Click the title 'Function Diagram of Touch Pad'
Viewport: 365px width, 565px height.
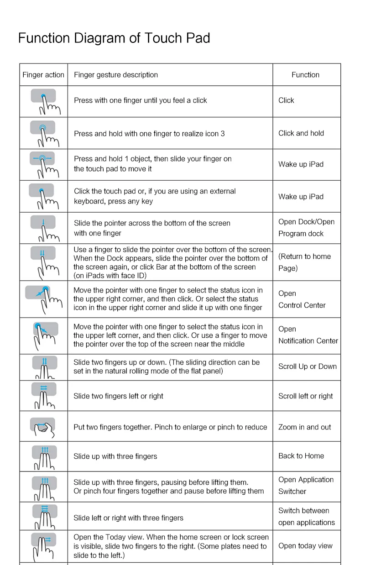click(x=114, y=38)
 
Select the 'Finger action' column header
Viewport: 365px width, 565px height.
click(x=43, y=75)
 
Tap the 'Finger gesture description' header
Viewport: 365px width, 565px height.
click(x=116, y=75)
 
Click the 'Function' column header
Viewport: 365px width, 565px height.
click(x=305, y=75)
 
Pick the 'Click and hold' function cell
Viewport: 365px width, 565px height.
click(x=301, y=133)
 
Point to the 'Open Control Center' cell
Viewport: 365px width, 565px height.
click(x=302, y=299)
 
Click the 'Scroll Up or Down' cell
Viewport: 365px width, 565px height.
click(x=308, y=366)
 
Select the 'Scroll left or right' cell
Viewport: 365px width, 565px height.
click(x=306, y=396)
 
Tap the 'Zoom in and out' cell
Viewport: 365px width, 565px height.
click(x=305, y=427)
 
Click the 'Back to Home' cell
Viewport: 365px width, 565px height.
click(x=301, y=456)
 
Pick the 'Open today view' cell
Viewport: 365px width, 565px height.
click(x=305, y=546)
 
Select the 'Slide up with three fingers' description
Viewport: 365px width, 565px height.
click(x=115, y=456)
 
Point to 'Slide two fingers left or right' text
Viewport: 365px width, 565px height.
click(x=118, y=396)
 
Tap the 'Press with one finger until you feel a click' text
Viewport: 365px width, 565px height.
click(x=141, y=100)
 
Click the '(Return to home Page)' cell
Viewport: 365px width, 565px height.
click(x=304, y=262)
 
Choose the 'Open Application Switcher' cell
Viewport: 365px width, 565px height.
click(x=306, y=486)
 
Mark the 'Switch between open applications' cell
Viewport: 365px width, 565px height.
click(x=306, y=517)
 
